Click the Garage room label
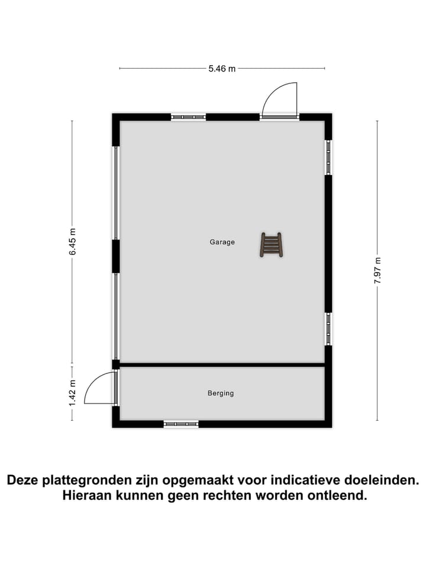coord(222,242)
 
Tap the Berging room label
coord(221,393)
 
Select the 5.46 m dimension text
coord(222,69)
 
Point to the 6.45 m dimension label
coord(73,241)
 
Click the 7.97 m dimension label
coord(377,270)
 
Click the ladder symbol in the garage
coord(271,245)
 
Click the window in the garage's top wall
coord(188,117)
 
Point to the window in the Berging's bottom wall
coord(181,424)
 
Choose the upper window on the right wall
coord(328,157)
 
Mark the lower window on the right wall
coord(328,329)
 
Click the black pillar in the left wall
coord(116,256)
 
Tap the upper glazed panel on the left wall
coord(116,193)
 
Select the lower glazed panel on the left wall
coord(116,316)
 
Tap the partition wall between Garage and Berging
coord(222,365)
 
